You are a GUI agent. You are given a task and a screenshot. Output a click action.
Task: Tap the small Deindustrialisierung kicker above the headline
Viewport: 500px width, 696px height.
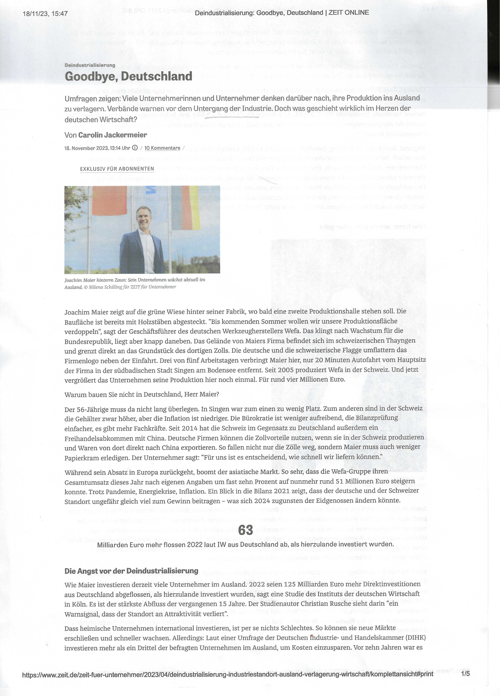tap(90, 65)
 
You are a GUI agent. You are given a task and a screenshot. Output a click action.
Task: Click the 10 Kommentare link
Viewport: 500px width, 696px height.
tap(162, 148)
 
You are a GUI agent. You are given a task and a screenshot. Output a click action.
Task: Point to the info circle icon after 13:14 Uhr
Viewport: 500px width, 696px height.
tap(135, 148)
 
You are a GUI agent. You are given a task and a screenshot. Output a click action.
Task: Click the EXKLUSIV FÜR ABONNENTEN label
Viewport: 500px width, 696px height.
tap(117, 169)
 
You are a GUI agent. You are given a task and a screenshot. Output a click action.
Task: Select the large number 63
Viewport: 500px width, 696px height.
tap(245, 530)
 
